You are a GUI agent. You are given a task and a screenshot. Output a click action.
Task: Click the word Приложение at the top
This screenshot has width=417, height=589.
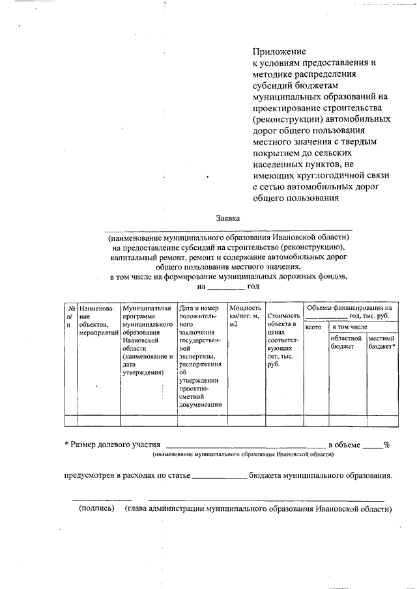279,51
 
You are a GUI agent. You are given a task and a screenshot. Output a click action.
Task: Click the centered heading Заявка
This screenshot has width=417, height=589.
228,219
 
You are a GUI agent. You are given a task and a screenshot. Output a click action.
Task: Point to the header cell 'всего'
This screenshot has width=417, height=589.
313,327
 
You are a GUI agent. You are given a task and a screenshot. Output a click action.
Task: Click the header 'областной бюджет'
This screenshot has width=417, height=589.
345,342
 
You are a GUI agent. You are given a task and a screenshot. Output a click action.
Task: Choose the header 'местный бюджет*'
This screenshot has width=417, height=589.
382,342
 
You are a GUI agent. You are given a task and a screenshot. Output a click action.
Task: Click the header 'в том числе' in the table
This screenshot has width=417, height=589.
351,327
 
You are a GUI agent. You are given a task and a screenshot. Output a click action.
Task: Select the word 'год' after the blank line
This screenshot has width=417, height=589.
254,286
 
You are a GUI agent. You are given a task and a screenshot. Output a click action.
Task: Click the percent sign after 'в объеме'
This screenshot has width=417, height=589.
386,445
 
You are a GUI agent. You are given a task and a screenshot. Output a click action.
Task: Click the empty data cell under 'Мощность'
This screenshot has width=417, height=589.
245,420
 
